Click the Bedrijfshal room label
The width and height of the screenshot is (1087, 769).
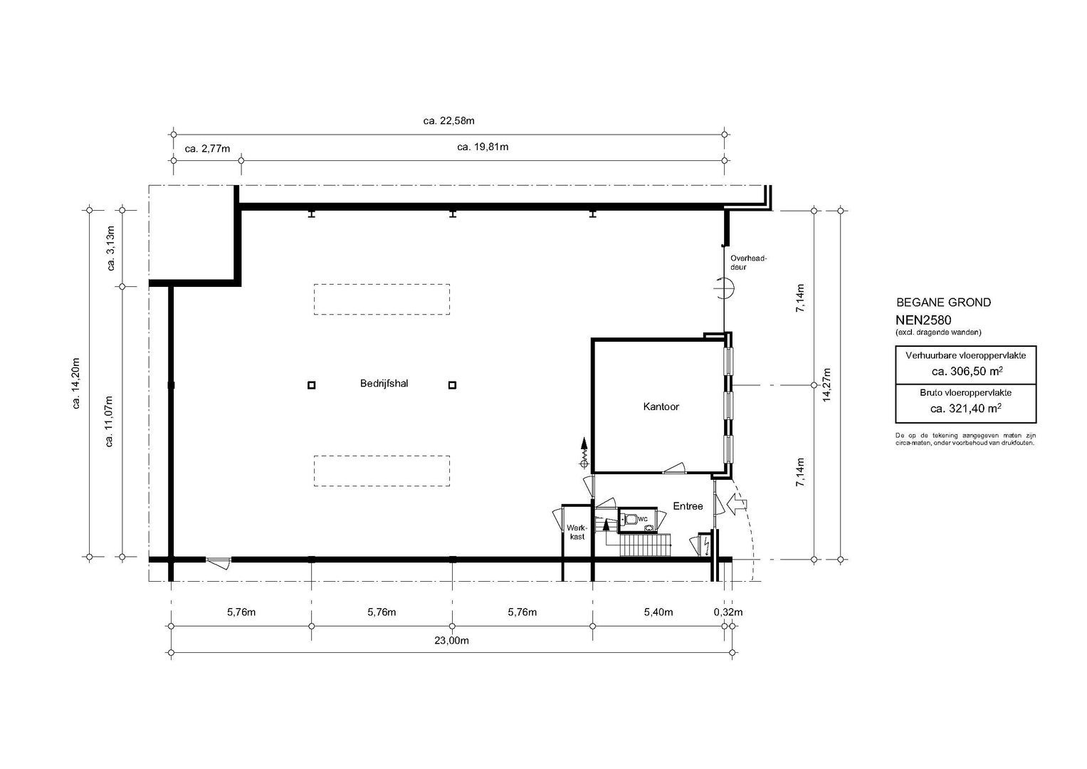pyautogui.click(x=384, y=384)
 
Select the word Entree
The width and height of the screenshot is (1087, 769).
pyautogui.click(x=688, y=506)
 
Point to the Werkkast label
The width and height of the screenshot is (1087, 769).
pyautogui.click(x=577, y=532)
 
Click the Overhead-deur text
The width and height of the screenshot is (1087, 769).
pyautogui.click(x=748, y=263)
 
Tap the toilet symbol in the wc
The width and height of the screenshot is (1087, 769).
pyautogui.click(x=631, y=519)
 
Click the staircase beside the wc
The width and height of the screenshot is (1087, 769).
pyautogui.click(x=646, y=545)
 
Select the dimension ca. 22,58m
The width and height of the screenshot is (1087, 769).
pyautogui.click(x=449, y=121)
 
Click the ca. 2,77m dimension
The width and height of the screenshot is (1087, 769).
pyautogui.click(x=207, y=149)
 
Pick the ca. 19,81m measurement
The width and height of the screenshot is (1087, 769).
pyautogui.click(x=483, y=147)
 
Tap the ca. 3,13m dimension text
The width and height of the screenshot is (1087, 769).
pyautogui.click(x=110, y=248)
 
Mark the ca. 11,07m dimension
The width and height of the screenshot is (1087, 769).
pyautogui.click(x=109, y=421)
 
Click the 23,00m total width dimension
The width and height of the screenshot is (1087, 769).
pyautogui.click(x=452, y=641)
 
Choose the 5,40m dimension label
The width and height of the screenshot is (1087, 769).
pyautogui.click(x=658, y=612)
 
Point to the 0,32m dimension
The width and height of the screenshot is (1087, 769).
pyautogui.click(x=728, y=612)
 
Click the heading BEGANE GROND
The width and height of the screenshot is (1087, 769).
pyautogui.click(x=943, y=303)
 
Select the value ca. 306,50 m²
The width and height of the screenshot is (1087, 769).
pyautogui.click(x=967, y=372)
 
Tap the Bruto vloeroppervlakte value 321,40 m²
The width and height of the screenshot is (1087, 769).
pyautogui.click(x=966, y=409)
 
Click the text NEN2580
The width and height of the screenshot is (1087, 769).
pyautogui.click(x=923, y=320)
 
